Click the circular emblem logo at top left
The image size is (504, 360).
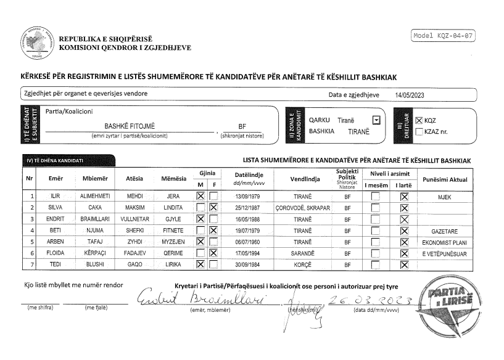click(x=37, y=42)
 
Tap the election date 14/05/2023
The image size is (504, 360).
click(x=411, y=94)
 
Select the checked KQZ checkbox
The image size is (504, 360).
click(x=419, y=121)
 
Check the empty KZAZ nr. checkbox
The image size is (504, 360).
click(x=419, y=131)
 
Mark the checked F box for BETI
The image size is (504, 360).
click(x=213, y=231)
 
